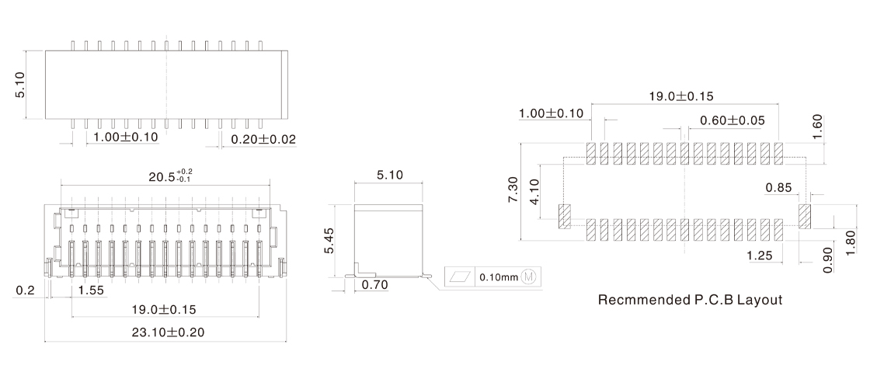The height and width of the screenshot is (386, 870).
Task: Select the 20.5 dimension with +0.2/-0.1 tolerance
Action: point(169,176)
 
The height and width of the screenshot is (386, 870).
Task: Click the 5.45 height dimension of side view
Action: point(330,241)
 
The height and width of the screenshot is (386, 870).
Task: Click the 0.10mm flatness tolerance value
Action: point(498,277)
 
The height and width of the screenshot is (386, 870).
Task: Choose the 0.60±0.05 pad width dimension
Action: point(732,120)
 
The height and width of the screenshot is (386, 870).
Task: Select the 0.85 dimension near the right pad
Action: point(778,187)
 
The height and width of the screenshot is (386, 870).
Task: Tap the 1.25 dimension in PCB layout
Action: point(759,256)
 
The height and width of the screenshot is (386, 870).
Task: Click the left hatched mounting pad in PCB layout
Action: point(565,216)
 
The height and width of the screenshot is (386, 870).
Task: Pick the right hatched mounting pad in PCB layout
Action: point(805,215)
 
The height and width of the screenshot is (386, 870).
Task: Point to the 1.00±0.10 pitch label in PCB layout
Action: point(551,114)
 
